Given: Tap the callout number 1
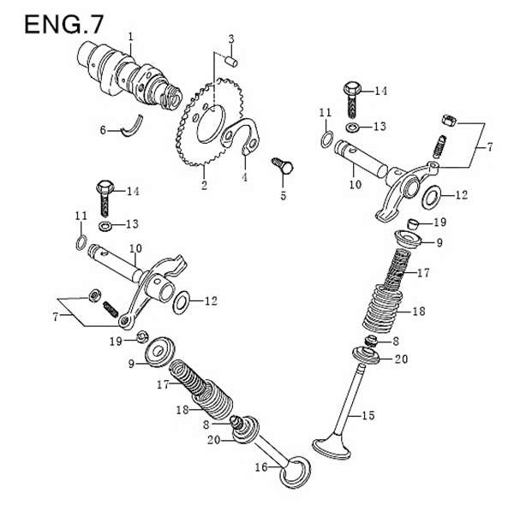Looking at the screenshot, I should tap(131, 36).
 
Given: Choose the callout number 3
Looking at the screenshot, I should tap(231, 39).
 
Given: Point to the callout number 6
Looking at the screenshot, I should tap(103, 130).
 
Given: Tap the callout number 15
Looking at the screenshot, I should tap(368, 416).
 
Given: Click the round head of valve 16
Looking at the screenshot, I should tap(296, 469).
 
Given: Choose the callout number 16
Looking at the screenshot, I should tap(262, 467).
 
